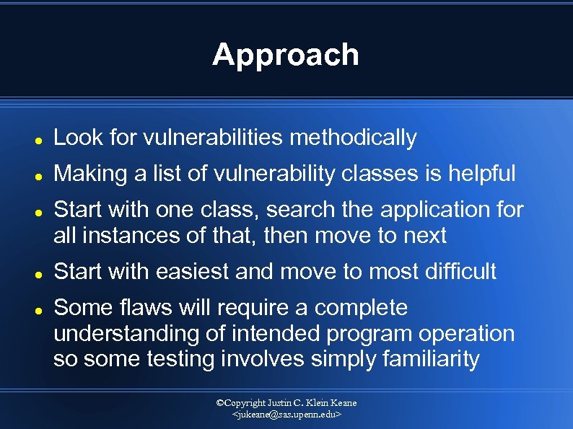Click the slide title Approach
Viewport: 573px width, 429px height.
[x=286, y=55]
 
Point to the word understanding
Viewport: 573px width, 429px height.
[x=120, y=334]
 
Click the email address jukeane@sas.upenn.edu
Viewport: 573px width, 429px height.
[x=286, y=416]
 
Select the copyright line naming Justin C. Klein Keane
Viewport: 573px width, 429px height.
[x=286, y=403]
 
